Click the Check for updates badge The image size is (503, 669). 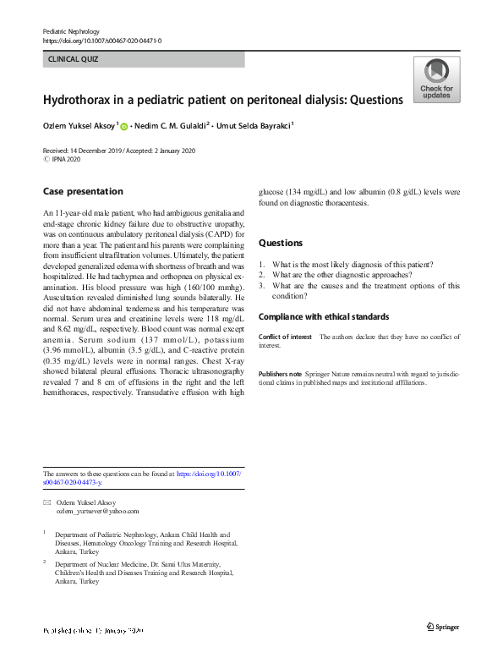[436, 80]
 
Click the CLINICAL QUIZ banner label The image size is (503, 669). [73, 60]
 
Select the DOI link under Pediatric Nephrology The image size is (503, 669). [101, 41]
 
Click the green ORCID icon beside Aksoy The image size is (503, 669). [123, 127]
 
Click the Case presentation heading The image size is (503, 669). [82, 191]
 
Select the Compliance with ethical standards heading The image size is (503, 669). [324, 317]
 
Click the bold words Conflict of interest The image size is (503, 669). [286, 337]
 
